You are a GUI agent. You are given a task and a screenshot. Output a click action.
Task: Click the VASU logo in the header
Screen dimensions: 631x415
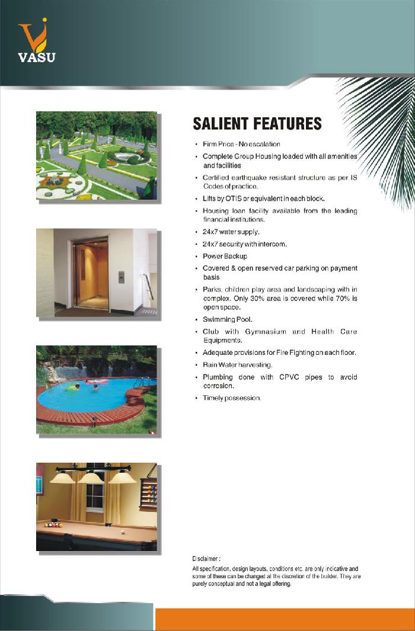pos(36,41)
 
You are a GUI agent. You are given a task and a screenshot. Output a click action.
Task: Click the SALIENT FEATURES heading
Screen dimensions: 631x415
pos(257,124)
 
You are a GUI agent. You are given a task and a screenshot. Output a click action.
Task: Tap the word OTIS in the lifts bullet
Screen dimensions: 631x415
pos(232,198)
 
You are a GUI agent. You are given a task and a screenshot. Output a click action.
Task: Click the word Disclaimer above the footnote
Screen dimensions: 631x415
pos(206,558)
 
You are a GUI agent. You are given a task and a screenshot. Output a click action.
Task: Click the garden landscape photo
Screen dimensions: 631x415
pos(96,155)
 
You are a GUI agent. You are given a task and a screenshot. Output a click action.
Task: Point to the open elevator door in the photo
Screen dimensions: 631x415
pos(91,273)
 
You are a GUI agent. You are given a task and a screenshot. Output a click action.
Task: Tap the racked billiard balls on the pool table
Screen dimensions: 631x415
pos(53,524)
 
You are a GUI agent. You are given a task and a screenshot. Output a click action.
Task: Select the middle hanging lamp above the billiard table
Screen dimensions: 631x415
pos(91,477)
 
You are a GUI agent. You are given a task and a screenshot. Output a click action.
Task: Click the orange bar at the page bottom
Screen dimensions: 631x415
pos(285,619)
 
